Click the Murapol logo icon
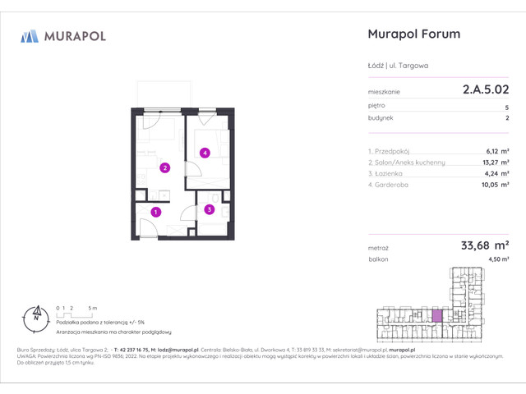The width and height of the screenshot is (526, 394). (30, 35)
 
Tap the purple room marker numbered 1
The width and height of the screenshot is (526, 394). (157, 212)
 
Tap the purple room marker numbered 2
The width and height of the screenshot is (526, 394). (165, 169)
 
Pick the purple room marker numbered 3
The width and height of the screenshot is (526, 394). (210, 210)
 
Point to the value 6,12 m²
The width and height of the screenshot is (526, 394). (496, 151)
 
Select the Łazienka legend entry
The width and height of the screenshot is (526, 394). (391, 173)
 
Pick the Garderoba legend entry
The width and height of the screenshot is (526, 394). (394, 185)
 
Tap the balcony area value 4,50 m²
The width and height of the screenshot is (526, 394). (496, 259)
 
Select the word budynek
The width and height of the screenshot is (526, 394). (381, 118)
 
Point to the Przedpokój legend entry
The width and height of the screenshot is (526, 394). (394, 151)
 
